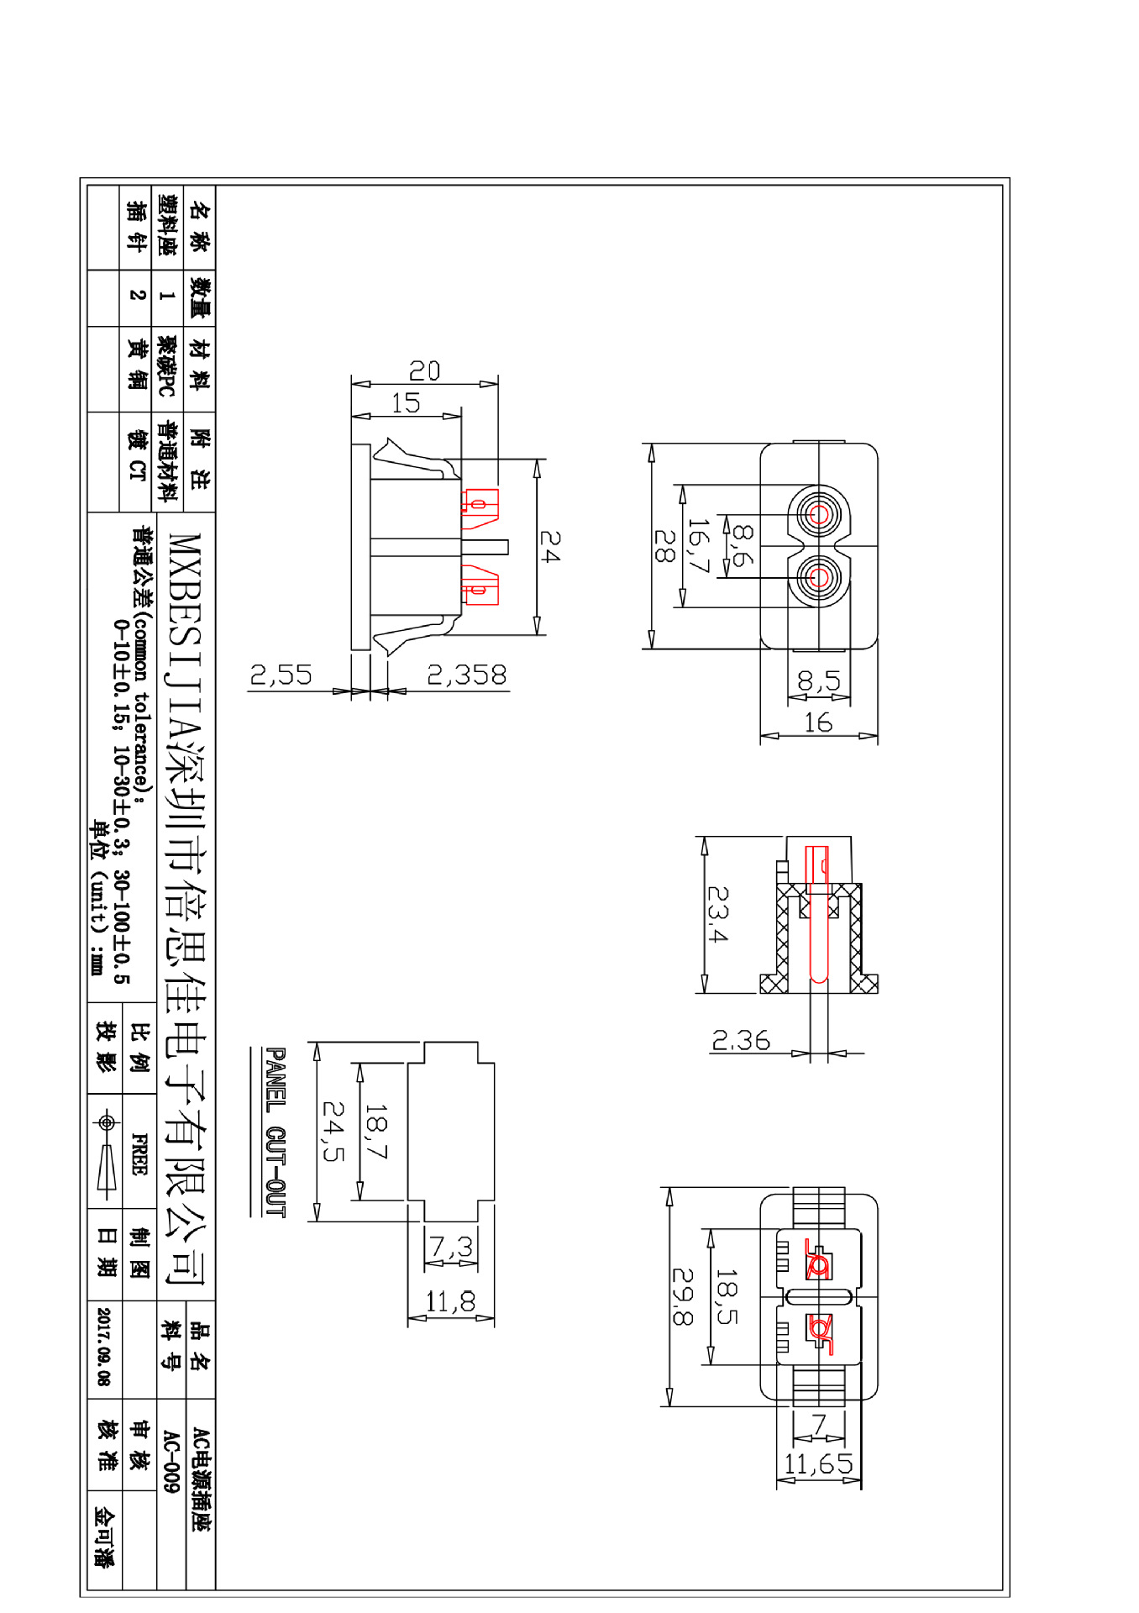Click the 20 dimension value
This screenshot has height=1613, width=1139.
[x=424, y=370]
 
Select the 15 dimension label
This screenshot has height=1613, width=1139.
[x=406, y=402]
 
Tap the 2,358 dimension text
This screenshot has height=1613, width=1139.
[x=467, y=675]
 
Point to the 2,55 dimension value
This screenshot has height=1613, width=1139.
[x=281, y=675]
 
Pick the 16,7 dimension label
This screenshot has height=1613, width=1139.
[x=699, y=545]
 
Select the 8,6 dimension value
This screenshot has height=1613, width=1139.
[x=743, y=544]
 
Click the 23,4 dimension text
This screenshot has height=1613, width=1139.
[x=717, y=914]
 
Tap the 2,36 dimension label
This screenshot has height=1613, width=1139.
[x=741, y=1041]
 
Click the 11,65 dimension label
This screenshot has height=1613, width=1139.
[x=818, y=1464]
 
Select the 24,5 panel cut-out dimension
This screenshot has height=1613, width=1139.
[x=333, y=1132]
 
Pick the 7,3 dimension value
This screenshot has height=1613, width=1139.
[x=451, y=1247]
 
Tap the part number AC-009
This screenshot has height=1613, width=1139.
[x=171, y=1462]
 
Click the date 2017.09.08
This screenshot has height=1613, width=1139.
[x=103, y=1347]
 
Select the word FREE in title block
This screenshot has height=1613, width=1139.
[x=139, y=1154]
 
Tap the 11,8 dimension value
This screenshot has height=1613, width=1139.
[x=450, y=1302]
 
